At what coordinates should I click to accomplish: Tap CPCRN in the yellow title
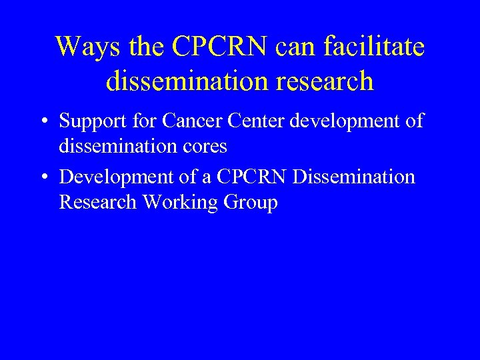pos(219,47)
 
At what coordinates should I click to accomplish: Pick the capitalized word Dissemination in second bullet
pos(353,177)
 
